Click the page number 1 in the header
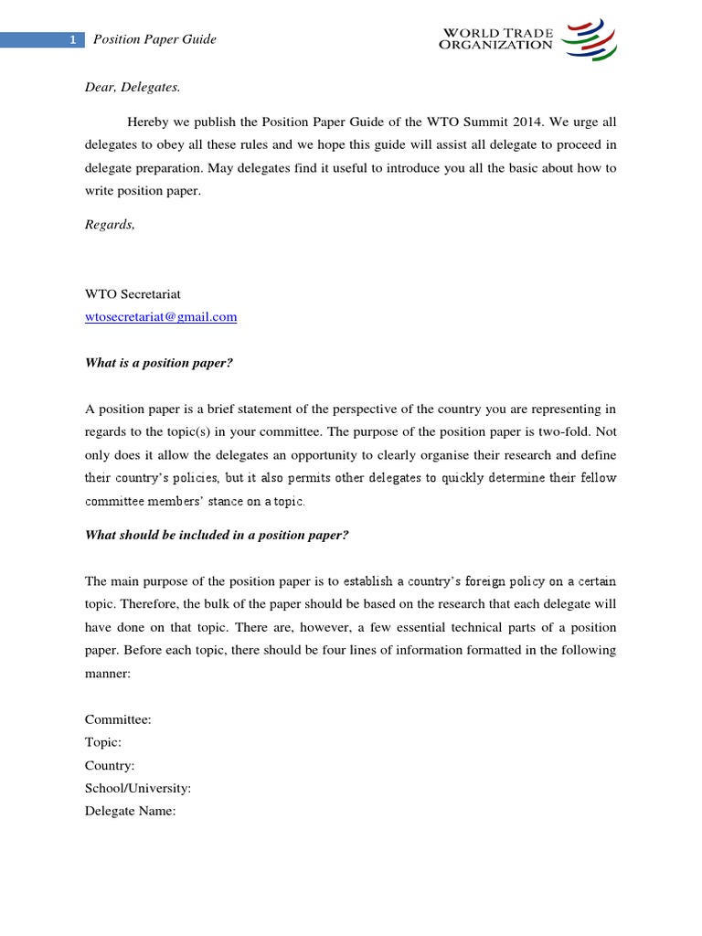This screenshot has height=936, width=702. tap(72, 39)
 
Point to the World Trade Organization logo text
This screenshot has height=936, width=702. tap(498, 39)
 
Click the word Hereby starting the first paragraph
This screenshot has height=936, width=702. tap(148, 122)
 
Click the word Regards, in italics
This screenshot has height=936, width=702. tap(110, 225)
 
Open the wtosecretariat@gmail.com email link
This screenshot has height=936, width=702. tap(161, 317)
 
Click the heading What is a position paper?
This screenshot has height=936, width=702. tap(159, 363)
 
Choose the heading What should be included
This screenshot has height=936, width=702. tap(217, 535)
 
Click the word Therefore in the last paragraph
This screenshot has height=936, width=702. tap(155, 603)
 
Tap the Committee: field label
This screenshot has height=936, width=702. tap(118, 719)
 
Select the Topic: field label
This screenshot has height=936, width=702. tap(103, 742)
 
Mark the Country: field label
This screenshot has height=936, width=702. tap(110, 765)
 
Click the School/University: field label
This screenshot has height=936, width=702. tap(138, 788)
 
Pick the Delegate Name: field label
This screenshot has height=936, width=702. tap(130, 811)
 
